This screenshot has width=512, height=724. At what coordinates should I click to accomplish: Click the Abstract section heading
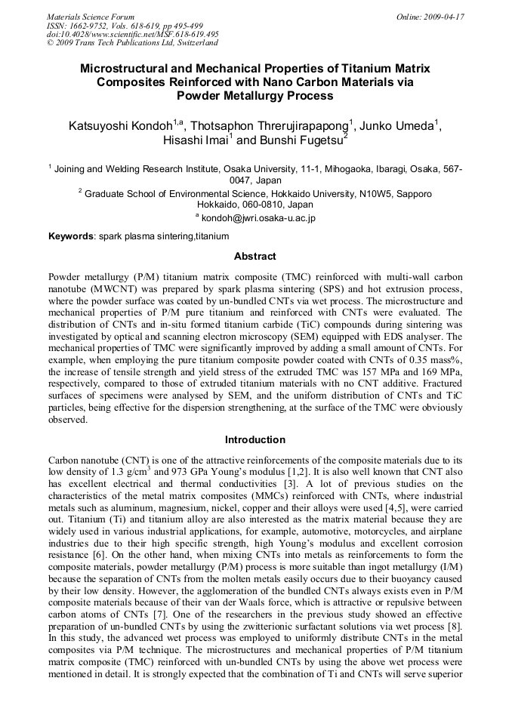(255, 257)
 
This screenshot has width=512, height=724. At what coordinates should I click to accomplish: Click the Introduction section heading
(255, 439)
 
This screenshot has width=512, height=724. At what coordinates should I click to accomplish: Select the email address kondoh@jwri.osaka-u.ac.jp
(258, 218)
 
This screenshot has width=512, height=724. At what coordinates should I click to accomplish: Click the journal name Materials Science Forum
(91, 17)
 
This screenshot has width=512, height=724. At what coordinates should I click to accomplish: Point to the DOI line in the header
(133, 34)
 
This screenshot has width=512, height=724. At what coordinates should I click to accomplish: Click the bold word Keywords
(71, 236)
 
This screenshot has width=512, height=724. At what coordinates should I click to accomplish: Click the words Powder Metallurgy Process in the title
(254, 96)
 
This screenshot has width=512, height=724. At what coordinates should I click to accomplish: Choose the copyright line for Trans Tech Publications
(127, 43)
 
